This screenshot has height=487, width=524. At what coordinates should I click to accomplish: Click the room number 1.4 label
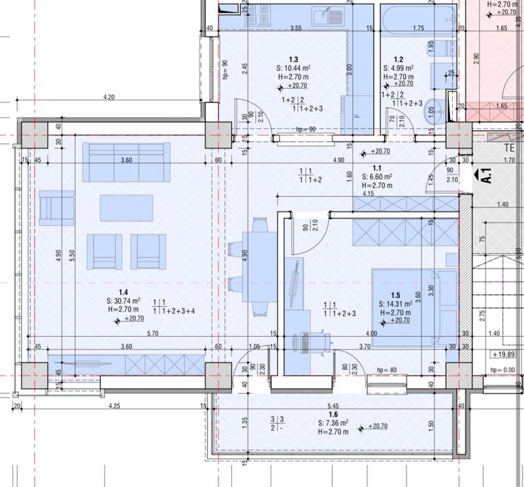pyautogui.click(x=122, y=292)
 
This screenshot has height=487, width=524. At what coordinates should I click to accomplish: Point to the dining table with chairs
pyautogui.click(x=258, y=266)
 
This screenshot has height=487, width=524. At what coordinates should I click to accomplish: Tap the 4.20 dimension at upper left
pyautogui.click(x=109, y=97)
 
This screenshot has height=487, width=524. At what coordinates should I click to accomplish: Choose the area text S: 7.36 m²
pyautogui.click(x=333, y=423)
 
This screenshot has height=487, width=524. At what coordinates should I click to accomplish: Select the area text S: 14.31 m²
pyautogui.click(x=395, y=304)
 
